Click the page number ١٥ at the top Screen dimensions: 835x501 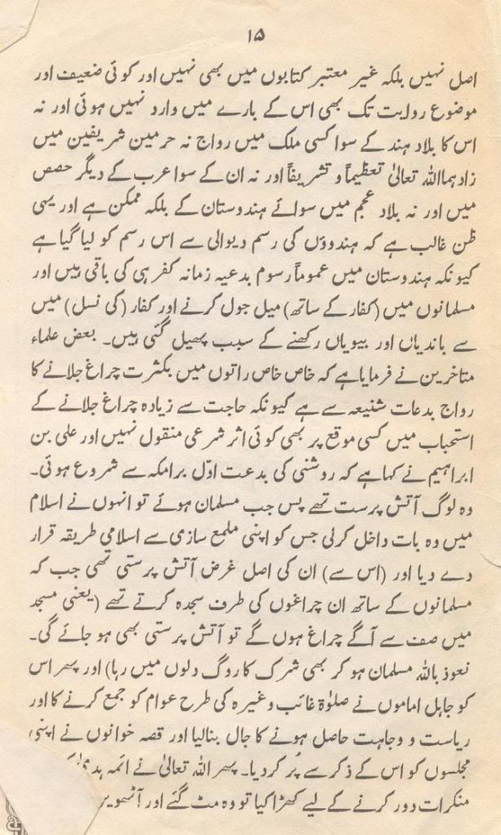coord(250,35)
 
